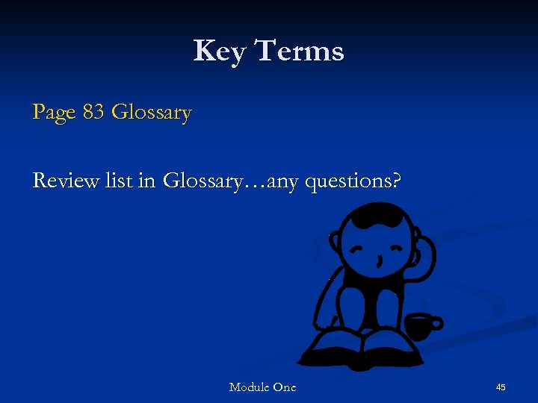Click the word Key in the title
[x=220, y=51]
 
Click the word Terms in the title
[x=299, y=51]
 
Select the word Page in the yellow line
[x=54, y=113]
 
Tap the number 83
[x=93, y=112]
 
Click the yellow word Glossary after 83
[x=151, y=113]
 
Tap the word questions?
[x=351, y=181]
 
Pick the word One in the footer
[x=284, y=387]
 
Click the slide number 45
[x=501, y=387]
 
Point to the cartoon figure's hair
[x=378, y=217]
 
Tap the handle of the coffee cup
[x=438, y=323]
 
